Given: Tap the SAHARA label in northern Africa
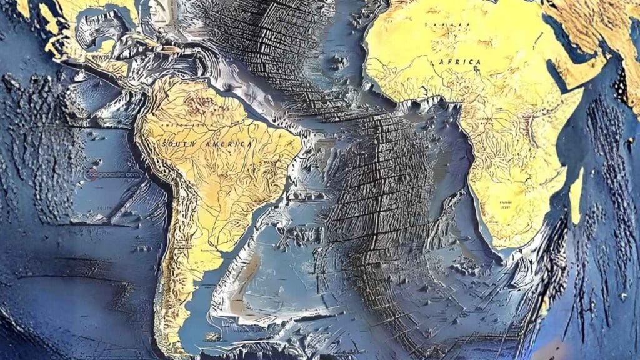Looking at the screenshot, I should coord(447,25).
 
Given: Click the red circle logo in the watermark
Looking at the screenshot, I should coord(91,176).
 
